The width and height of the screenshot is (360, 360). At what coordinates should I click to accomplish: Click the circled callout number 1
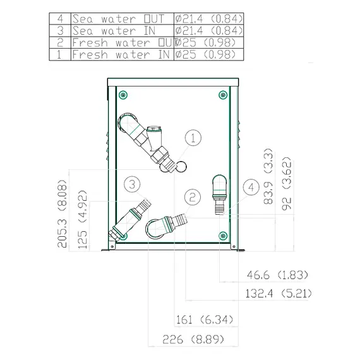pyautogui.click(x=193, y=138)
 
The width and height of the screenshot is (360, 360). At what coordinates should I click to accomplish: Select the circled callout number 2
pyautogui.click(x=193, y=197)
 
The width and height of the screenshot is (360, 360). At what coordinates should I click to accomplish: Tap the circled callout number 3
pyautogui.click(x=132, y=184)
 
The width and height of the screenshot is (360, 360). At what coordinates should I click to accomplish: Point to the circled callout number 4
pyautogui.click(x=251, y=188)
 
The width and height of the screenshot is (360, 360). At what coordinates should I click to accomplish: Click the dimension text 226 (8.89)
pyautogui.click(x=193, y=339)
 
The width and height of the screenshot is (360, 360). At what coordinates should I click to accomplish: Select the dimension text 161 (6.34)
pyautogui.click(x=205, y=320)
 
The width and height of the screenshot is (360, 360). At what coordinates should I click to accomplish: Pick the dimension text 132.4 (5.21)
pyautogui.click(x=279, y=294)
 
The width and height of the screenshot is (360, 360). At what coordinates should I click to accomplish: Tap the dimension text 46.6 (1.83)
pyautogui.click(x=277, y=275)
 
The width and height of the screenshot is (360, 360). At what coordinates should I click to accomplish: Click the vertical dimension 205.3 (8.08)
pyautogui.click(x=62, y=213)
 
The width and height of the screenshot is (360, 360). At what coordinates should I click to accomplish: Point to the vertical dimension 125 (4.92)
pyautogui.click(x=83, y=220)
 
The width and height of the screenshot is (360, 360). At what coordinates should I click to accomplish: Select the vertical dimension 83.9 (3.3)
pyautogui.click(x=268, y=176)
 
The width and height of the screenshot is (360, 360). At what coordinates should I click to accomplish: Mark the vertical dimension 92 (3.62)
pyautogui.click(x=287, y=183)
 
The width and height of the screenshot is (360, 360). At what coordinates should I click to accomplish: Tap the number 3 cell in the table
pyautogui.click(x=60, y=30)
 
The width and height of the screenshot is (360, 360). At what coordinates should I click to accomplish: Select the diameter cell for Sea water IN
pyautogui.click(x=208, y=30)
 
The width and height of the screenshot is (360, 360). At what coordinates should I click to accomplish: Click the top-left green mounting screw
pyautogui.click(x=123, y=95)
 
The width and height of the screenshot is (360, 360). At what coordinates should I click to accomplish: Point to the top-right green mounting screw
pyautogui.click(x=223, y=95)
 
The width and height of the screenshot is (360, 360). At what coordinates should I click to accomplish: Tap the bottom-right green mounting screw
pyautogui.click(x=223, y=236)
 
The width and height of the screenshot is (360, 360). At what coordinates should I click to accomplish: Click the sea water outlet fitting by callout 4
pyautogui.click(x=220, y=195)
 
